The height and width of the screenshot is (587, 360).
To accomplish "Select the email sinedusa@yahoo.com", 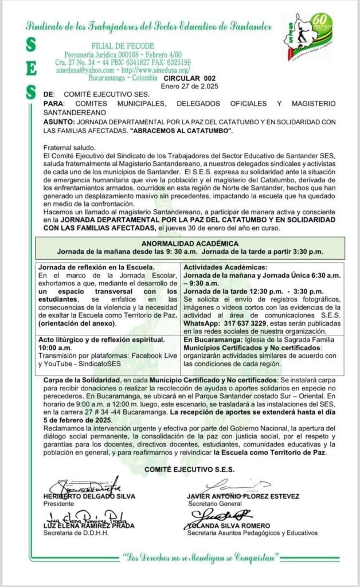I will click(76, 69).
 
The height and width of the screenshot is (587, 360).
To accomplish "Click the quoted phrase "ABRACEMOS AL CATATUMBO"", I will click(180, 130).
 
